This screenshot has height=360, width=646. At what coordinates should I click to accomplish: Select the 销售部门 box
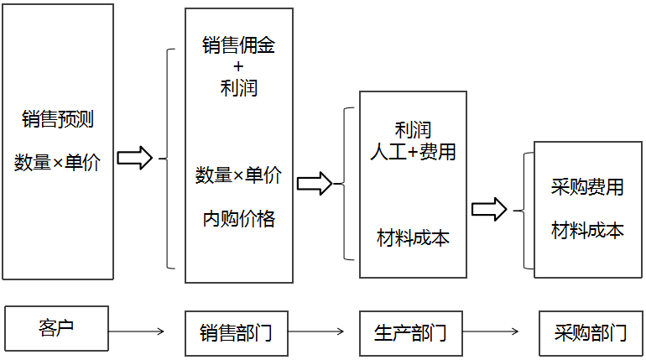coord(236,332)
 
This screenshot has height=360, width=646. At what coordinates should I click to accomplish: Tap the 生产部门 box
coord(410,332)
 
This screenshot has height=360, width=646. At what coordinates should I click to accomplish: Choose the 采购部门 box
coord(591,332)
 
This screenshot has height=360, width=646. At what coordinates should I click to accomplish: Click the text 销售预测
coord(58,119)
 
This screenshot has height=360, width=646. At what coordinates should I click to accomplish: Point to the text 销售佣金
coord(238,44)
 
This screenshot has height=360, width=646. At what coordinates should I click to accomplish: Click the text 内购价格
coord(238,218)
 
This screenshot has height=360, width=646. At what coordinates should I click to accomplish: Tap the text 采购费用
coord(587,187)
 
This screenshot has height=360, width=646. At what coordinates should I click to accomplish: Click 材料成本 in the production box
coord(413,237)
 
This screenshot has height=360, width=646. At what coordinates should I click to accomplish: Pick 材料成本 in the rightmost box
coord(587,230)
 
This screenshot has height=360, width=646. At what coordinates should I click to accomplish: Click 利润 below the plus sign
coord(238,86)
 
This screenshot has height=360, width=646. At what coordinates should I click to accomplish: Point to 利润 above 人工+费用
coord(413,130)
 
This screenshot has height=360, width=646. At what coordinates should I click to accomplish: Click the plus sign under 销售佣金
coord(238,65)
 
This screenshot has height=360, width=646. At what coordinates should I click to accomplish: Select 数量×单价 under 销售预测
coord(58,163)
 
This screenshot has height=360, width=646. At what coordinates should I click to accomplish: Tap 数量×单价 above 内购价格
coord(238,175)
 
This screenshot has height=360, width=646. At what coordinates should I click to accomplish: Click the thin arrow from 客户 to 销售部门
coord(136,331)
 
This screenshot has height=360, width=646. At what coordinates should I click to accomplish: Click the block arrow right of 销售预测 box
coord(134,158)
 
